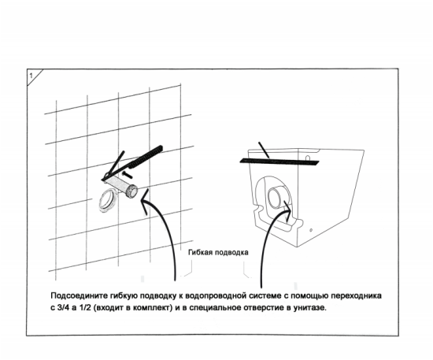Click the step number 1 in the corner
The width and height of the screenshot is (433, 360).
click(x=31, y=76)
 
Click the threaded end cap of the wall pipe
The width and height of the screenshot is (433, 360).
click(x=131, y=191)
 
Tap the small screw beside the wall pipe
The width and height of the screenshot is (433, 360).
click(x=126, y=174)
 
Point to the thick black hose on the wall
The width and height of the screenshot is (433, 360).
click(x=146, y=157)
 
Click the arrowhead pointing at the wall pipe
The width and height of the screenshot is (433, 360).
click(x=144, y=201)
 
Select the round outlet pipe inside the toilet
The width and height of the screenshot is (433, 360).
click(x=276, y=198)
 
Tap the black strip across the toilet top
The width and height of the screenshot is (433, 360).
click(x=279, y=161)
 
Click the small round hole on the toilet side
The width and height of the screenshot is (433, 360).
click(x=311, y=230)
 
